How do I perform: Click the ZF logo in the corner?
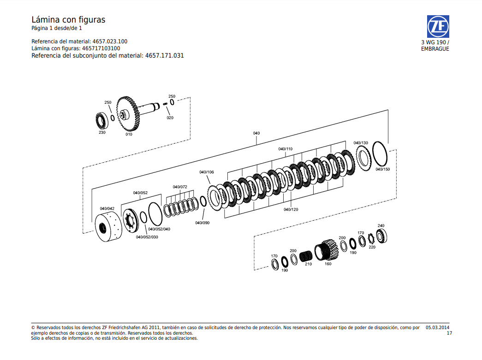coord(437,27)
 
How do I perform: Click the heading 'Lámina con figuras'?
coord(68,20)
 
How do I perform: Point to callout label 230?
coord(102,132)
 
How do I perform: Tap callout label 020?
coord(170,118)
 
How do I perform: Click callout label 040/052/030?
coord(147,237)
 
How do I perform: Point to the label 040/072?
coord(180,187)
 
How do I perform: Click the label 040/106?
coord(207,172)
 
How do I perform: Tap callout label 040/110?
coord(285,149)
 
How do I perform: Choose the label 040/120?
coord(291,209)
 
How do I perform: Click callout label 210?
coord(308,264)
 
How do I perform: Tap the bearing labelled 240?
coord(382,236)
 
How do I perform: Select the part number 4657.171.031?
coord(165,55)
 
